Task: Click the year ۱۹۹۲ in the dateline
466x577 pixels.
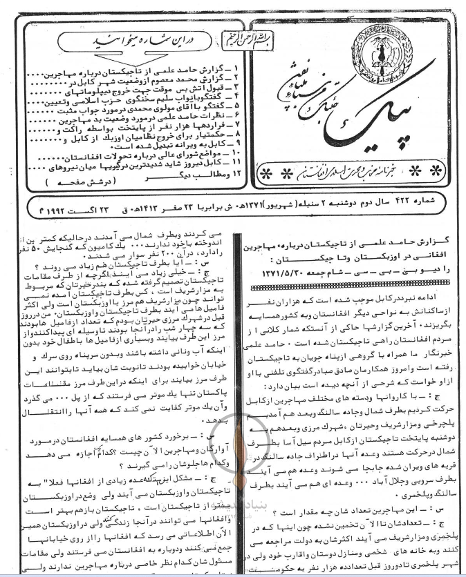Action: tap(40, 206)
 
